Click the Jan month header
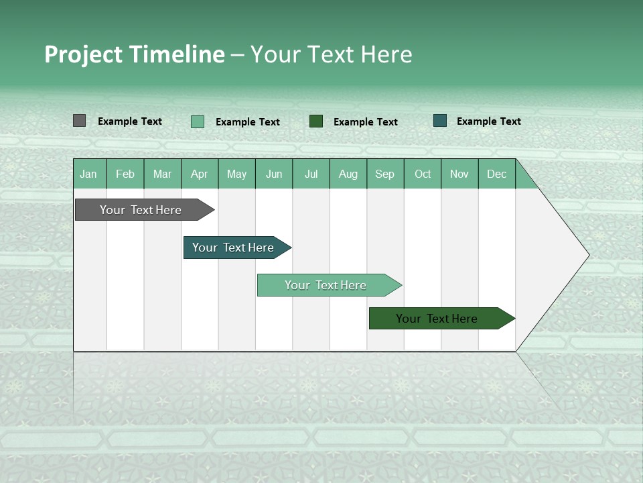89,174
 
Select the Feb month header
125,174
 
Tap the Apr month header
200,174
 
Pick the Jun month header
274,174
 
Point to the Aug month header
348,174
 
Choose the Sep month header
385,174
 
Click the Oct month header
423,174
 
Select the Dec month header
497,174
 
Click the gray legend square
79,121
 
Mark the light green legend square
198,121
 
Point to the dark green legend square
316,121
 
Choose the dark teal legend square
440,121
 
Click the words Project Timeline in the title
135,54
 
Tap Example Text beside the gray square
130,121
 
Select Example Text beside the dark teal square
489,121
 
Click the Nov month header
459,174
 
